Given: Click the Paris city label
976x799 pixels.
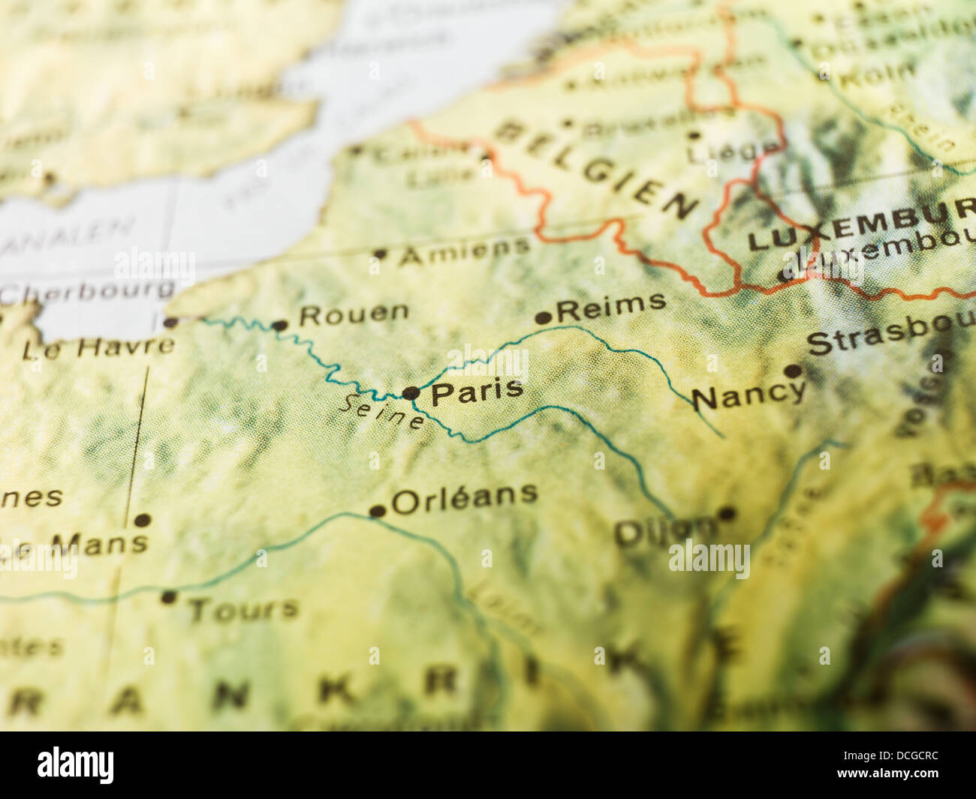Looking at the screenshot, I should coord(477,391).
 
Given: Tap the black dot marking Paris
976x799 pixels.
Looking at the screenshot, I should coord(411,393).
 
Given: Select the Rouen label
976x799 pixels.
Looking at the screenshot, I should coord(354,314).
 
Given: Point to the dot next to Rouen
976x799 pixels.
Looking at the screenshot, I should coord(279,326).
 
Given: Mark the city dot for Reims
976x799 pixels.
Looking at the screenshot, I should coord(543,318).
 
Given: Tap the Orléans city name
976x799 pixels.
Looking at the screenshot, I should coord(465,497).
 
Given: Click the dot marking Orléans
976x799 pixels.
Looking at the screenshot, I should coord(377,512).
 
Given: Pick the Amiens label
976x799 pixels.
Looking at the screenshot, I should coord(464,251).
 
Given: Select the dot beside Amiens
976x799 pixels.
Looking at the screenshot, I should coord(380,255).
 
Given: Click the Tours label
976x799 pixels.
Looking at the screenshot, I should coord(242,609).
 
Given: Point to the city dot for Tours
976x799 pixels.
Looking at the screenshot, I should coord(168,598).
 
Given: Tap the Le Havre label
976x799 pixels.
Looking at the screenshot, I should coord(98,348).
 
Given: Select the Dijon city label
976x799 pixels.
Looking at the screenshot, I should coord(664,531).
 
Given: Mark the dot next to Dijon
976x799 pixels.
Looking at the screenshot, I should coord(726,514).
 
